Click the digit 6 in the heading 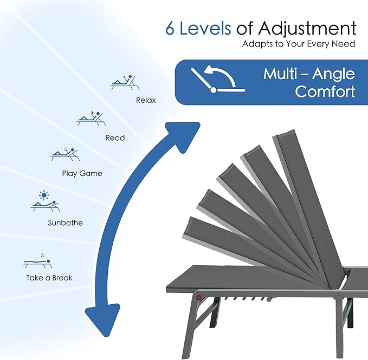(x=170, y=29)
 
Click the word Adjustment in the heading (x=307, y=28)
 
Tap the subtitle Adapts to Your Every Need (x=299, y=44)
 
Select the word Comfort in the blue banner (x=325, y=91)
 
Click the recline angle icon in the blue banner (x=218, y=79)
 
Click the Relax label (x=146, y=100)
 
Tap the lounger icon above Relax (x=125, y=82)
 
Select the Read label (x=115, y=138)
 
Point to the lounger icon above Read (x=91, y=119)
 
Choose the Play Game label (x=82, y=173)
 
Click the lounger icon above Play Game (x=65, y=154)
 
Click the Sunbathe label (x=65, y=222)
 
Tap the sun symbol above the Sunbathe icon (x=44, y=195)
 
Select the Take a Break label (x=49, y=278)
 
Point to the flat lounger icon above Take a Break (x=37, y=262)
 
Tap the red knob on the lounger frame (x=199, y=297)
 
